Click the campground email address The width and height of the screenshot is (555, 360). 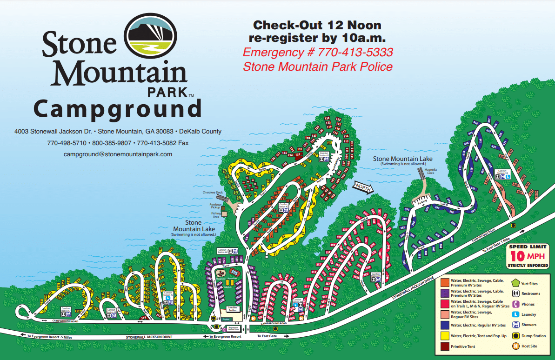118,154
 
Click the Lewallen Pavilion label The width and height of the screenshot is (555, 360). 233,308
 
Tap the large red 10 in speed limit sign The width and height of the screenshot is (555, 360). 518,256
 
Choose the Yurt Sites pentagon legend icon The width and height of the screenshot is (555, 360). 515,283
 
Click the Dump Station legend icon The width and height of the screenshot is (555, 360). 515,335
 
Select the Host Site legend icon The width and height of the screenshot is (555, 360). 515,346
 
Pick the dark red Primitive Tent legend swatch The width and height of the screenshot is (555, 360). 444,347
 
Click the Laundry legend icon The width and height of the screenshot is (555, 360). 515,314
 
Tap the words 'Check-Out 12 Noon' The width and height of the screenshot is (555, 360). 317,25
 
